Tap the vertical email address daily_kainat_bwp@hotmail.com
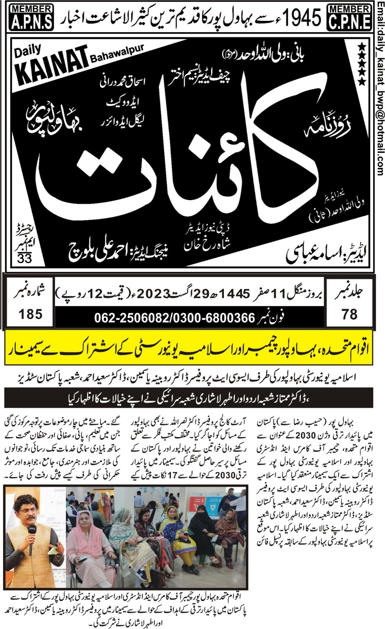(379, 88)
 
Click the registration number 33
(24, 258)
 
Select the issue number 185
(30, 314)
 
